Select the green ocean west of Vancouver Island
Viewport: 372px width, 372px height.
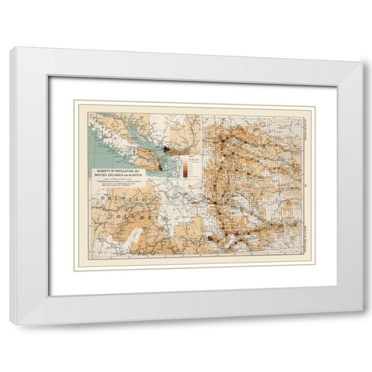point(101,147)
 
